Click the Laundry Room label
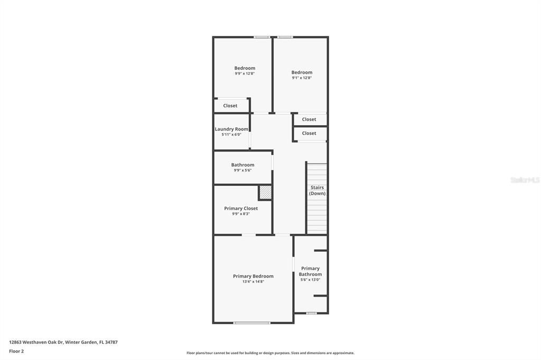point(231,129)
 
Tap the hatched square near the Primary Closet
point(265,193)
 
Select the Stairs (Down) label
point(317,191)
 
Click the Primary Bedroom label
point(253,276)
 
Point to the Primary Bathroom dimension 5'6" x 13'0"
point(310,280)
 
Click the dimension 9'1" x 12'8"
point(302,78)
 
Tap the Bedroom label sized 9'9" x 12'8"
point(245,68)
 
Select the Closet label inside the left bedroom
point(230,106)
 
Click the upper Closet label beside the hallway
point(309,119)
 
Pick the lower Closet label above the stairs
point(309,133)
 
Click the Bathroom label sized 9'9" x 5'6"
point(242,165)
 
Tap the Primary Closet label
point(241,209)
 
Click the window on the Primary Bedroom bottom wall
point(252,323)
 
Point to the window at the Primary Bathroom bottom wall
point(311,313)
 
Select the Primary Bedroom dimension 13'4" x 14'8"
point(253,282)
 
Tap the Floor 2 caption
point(16,351)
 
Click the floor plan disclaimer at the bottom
point(270,353)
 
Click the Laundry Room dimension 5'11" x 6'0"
point(231,135)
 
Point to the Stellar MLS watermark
point(525,180)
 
